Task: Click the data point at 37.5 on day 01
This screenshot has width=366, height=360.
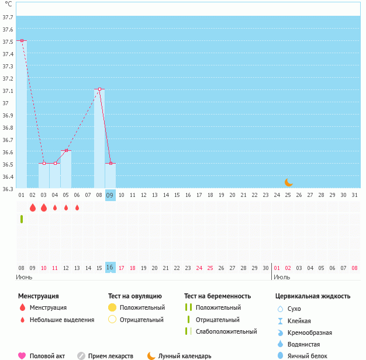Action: tap(22, 40)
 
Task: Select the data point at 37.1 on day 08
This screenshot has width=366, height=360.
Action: tap(99, 89)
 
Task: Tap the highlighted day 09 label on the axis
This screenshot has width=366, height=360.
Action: tap(111, 195)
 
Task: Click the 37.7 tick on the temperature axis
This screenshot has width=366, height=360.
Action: tap(8, 18)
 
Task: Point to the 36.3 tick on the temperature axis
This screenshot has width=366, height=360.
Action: tap(8, 189)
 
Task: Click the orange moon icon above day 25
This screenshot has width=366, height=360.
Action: tap(288, 182)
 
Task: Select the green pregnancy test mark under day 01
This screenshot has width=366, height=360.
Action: tap(22, 219)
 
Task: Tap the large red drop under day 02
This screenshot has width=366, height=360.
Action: tap(33, 207)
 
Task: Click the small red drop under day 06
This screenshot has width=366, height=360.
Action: tap(77, 207)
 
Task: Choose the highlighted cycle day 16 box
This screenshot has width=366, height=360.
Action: tap(111, 268)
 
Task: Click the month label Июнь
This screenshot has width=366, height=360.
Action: tap(24, 276)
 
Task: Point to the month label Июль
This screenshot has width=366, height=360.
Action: tap(282, 276)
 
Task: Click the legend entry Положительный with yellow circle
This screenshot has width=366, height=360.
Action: tap(141, 307)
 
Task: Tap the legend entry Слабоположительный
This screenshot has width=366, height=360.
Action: tap(226, 331)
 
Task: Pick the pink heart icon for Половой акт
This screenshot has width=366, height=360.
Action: tap(22, 355)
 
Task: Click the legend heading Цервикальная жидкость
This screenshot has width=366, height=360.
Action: tap(313, 296)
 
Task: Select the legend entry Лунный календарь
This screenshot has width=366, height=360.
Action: tap(184, 355)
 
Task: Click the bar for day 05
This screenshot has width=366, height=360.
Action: tap(66, 169)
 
